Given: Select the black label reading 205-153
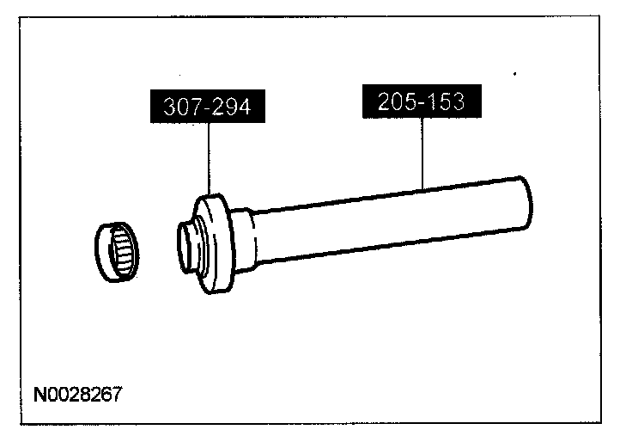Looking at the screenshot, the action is click(x=421, y=101).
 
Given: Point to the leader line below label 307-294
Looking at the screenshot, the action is click(x=208, y=158).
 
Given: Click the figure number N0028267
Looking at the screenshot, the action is click(x=77, y=396).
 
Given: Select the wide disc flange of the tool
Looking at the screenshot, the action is click(x=216, y=243).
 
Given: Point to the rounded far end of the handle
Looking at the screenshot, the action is click(x=526, y=200).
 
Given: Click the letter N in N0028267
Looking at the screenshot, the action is click(x=39, y=396).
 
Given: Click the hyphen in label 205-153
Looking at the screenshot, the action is click(x=421, y=101).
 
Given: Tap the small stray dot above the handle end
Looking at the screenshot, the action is click(x=513, y=75).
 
